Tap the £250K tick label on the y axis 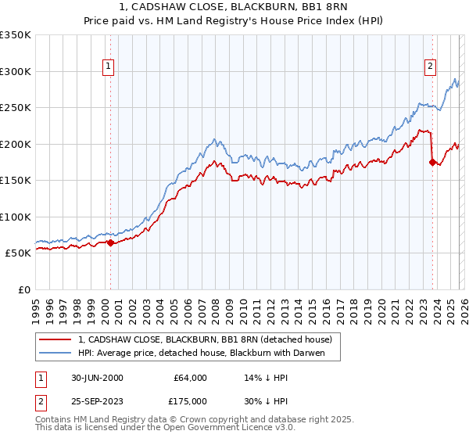coord(16,108)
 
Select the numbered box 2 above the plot coord(430,67)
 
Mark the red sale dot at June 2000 coord(110,242)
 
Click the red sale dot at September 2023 coord(432,163)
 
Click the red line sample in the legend coord(55,339)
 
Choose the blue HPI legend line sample coord(55,354)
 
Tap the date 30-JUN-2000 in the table coord(97,378)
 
